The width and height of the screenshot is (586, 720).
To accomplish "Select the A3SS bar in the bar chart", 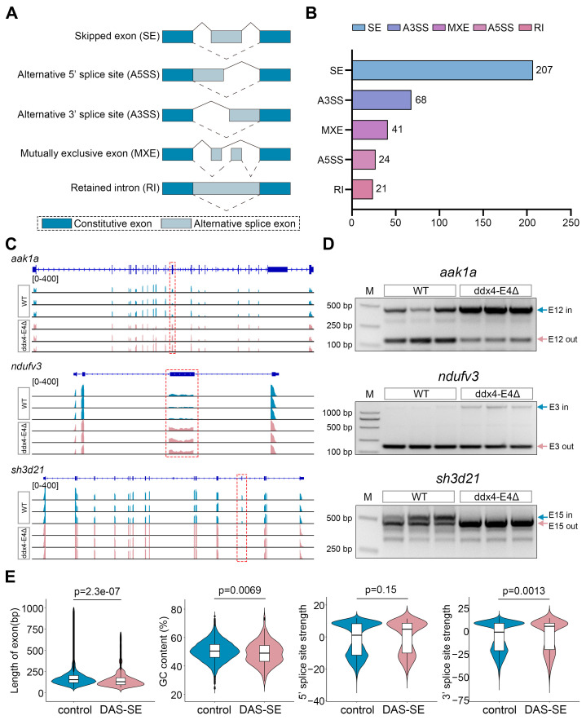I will [381, 100].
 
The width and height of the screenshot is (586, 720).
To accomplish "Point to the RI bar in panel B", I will [362, 188].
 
